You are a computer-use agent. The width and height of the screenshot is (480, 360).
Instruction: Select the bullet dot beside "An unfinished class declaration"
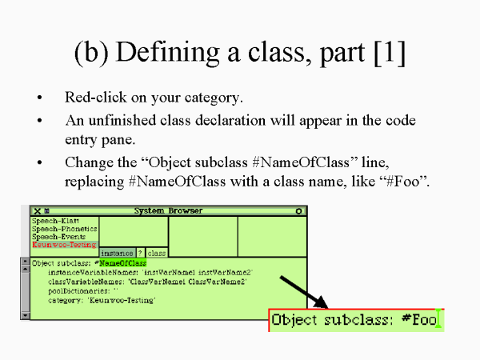[39, 121]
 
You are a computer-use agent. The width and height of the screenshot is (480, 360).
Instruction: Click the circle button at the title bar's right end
[298, 211]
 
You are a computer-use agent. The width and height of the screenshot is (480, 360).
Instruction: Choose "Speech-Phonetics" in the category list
[58, 228]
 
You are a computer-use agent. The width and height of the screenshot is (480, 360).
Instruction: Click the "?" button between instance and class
[140, 253]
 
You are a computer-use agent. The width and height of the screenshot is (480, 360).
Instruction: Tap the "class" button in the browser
[156, 253]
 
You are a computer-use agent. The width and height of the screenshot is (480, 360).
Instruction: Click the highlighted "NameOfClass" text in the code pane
[122, 262]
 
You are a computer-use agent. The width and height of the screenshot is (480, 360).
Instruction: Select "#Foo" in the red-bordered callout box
[418, 321]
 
